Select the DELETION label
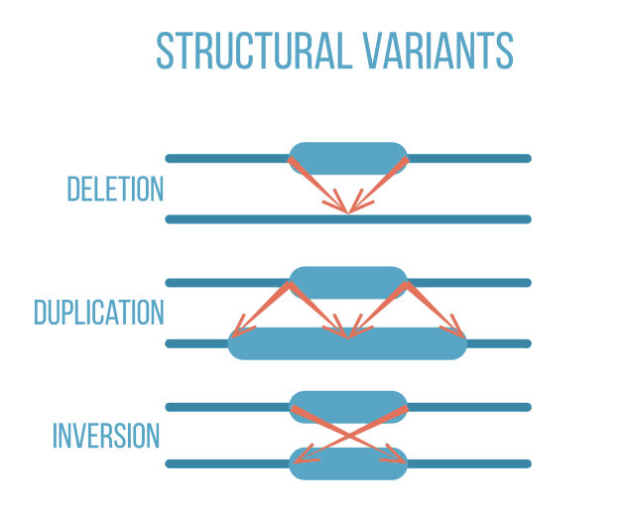pyautogui.click(x=115, y=189)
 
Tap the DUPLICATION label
pyautogui.click(x=98, y=313)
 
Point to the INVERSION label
pyautogui.click(x=106, y=436)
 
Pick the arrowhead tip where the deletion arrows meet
pyautogui.click(x=348, y=210)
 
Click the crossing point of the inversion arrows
pyautogui.click(x=348, y=432)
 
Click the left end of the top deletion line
pyautogui.click(x=170, y=158)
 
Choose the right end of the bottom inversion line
pyautogui.click(x=527, y=463)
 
